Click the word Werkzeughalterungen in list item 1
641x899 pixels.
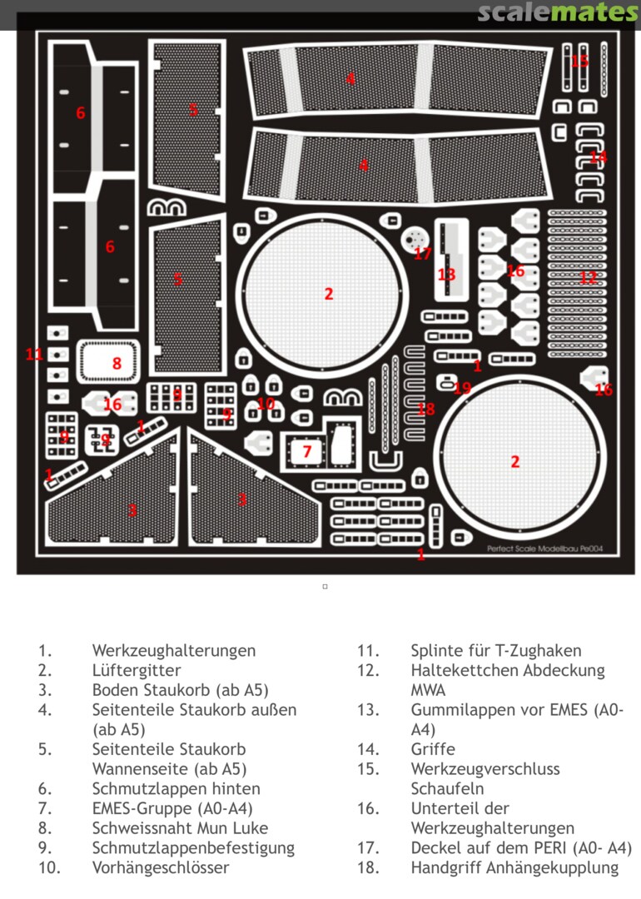point(174,650)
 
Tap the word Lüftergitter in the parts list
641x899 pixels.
point(137,670)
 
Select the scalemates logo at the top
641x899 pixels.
point(558,12)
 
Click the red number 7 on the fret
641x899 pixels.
point(306,451)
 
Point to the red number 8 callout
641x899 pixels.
point(117,363)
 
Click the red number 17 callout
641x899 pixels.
point(423,254)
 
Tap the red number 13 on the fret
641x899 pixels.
point(447,275)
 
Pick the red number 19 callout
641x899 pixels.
point(463,388)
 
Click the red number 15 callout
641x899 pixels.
point(579,61)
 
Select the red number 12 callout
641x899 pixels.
point(589,277)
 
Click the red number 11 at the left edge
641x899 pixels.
point(34,355)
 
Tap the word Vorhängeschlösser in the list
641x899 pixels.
point(161,867)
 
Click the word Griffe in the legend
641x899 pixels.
point(433,749)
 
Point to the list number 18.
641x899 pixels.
point(368,867)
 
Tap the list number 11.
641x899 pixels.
point(368,650)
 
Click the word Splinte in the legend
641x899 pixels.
point(437,650)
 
